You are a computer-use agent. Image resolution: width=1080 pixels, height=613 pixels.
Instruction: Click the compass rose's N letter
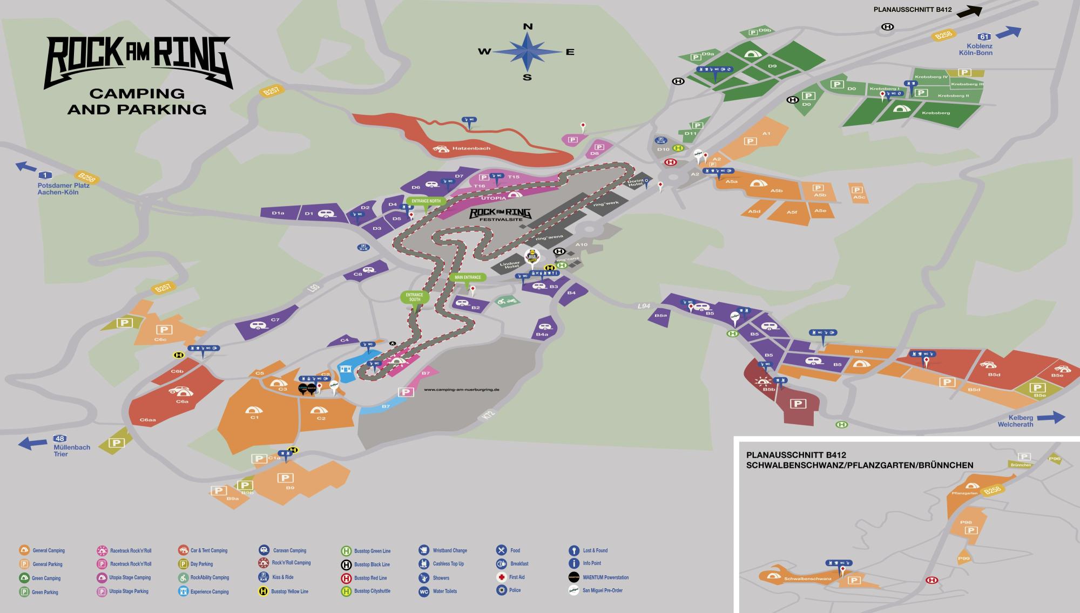tap(528, 26)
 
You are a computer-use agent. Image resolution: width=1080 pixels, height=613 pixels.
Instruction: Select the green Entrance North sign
tap(426, 201)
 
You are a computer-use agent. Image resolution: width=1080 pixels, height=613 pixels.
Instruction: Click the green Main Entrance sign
tap(468, 277)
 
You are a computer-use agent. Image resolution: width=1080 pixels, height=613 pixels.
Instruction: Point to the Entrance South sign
tap(414, 297)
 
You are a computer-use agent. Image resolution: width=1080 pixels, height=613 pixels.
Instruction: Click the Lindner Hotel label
tap(509, 265)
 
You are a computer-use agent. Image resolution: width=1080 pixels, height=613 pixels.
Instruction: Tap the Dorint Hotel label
tap(635, 183)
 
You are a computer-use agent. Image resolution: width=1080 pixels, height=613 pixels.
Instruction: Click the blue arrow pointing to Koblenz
tap(1008, 32)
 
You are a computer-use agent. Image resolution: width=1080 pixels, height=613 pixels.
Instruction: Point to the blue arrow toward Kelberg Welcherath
tap(1050, 417)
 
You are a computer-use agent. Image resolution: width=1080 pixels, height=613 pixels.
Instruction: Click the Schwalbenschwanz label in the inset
tap(807, 578)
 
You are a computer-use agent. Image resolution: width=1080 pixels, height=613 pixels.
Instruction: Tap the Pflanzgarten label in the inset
tap(964, 493)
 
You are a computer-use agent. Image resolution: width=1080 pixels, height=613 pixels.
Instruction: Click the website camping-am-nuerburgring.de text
tap(461, 389)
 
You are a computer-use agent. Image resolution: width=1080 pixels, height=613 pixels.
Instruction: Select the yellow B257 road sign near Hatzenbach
tap(272, 91)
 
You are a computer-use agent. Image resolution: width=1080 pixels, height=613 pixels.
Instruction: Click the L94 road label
tap(643, 306)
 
